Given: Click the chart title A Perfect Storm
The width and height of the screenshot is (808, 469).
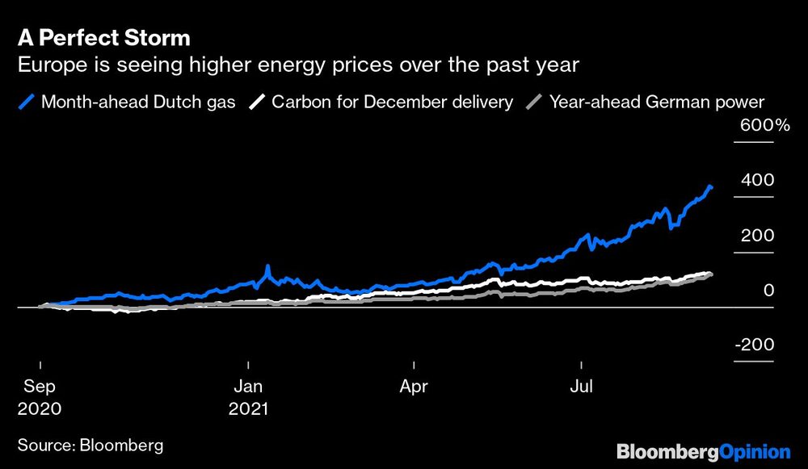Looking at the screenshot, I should coord(103,38).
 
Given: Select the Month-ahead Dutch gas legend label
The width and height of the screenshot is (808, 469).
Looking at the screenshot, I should coord(138,102).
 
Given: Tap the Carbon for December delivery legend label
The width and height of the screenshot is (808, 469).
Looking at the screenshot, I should coord(392,102).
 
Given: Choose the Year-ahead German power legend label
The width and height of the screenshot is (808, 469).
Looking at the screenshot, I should coord(657,102).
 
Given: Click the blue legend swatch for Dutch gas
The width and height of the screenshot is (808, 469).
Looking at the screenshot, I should coord(27,102).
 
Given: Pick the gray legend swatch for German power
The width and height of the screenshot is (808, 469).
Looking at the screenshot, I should coord(534,102).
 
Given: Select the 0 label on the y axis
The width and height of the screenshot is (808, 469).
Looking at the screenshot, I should coord(768,290).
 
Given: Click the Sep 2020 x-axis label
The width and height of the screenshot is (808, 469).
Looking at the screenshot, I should coord(39,397).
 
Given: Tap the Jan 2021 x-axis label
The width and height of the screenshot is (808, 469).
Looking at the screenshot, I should coord(248,397).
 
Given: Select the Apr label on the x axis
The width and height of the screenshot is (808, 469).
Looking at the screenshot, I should coord(414,387).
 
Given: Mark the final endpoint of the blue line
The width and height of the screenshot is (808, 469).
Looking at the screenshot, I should coord(711,187).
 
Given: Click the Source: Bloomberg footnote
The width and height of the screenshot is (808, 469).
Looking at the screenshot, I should coord(90,445).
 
